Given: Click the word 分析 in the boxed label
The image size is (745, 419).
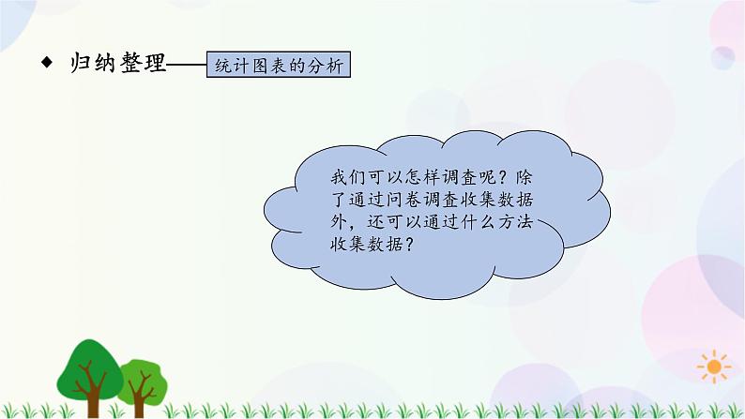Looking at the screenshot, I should pyautogui.click(x=332, y=67).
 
